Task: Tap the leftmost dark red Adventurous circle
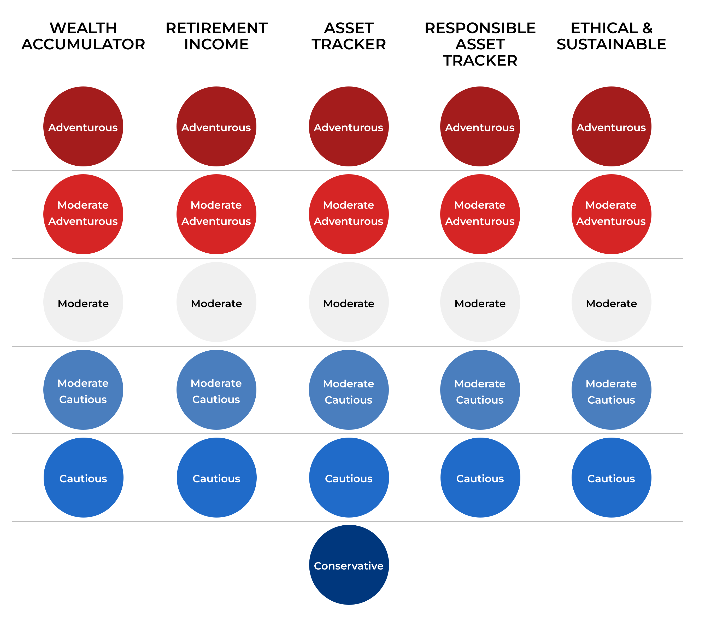83,127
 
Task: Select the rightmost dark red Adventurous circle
611,127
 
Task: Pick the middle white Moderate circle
349,302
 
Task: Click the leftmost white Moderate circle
83,302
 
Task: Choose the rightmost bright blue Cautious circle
611,478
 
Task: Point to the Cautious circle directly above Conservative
349,478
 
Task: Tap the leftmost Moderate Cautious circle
83,390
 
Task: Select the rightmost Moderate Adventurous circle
611,214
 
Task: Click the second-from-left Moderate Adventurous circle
216,214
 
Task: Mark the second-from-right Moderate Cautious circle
480,390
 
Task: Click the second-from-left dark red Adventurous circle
216,127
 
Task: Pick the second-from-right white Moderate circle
480,302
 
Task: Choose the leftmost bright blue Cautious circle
83,478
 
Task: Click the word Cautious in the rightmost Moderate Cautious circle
611,400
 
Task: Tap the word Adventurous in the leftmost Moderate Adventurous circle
83,221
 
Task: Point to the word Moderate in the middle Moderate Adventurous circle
349,205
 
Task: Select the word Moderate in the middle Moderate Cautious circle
349,384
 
